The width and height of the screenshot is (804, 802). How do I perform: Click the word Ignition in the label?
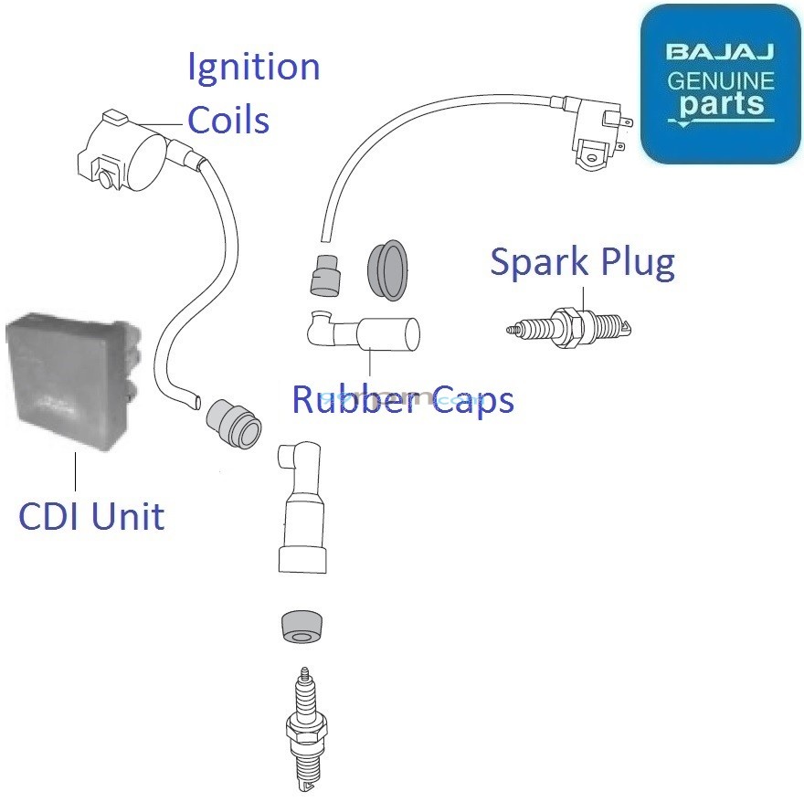pos(253,69)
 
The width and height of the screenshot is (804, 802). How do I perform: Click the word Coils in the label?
pos(228,119)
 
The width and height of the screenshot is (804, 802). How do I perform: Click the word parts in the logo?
pos(720,104)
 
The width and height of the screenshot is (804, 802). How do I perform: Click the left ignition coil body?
pos(119,151)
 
